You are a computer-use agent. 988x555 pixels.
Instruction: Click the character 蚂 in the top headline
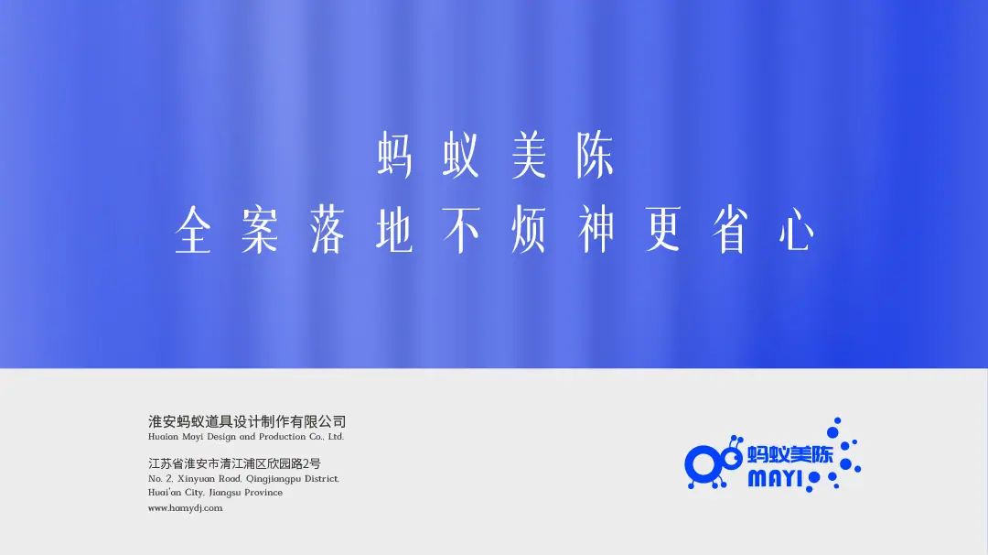click(x=395, y=155)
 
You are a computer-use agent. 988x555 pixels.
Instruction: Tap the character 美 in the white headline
click(x=529, y=155)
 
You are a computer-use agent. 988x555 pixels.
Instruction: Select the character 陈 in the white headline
click(x=596, y=155)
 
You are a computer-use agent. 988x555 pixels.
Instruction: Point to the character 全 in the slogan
click(x=193, y=230)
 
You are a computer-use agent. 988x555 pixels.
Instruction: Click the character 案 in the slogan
click(x=260, y=230)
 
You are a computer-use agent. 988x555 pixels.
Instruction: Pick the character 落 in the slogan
click(x=327, y=230)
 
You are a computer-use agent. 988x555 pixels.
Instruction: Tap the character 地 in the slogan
click(x=394, y=230)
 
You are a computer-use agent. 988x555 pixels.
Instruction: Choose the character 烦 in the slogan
click(x=529, y=230)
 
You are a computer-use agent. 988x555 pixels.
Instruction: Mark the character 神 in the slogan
click(x=596, y=230)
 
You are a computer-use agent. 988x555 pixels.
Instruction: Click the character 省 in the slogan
click(x=730, y=230)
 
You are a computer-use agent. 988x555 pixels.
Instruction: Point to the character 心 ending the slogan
click(x=797, y=230)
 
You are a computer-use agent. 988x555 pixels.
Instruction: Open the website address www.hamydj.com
click(x=185, y=507)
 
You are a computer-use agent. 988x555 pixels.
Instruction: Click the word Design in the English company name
click(x=221, y=437)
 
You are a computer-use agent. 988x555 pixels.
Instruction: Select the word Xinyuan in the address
click(x=198, y=479)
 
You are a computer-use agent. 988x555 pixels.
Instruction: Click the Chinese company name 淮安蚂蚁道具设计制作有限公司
click(x=247, y=421)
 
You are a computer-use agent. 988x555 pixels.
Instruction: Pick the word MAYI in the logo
click(x=775, y=479)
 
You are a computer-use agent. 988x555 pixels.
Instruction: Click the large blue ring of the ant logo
click(x=703, y=465)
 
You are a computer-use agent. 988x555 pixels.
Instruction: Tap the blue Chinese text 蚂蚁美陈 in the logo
click(x=790, y=454)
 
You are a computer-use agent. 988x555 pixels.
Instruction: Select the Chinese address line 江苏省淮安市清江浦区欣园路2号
click(x=234, y=463)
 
